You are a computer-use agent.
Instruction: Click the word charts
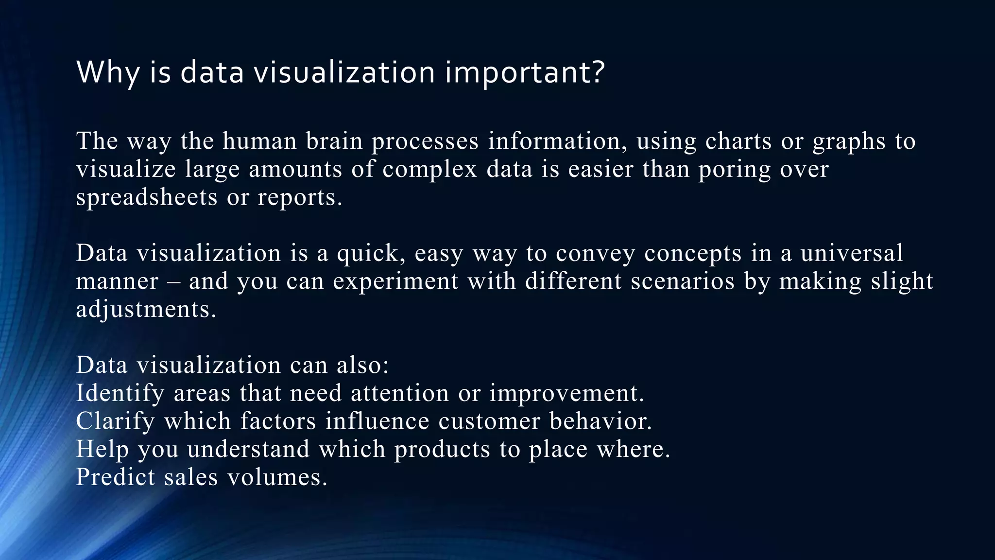(x=738, y=141)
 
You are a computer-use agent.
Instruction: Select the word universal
(x=852, y=253)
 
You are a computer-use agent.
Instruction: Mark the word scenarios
(x=683, y=281)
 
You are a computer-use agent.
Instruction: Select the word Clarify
(x=115, y=421)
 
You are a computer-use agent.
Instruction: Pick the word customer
(x=489, y=421)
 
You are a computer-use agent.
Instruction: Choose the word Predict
(x=116, y=477)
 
